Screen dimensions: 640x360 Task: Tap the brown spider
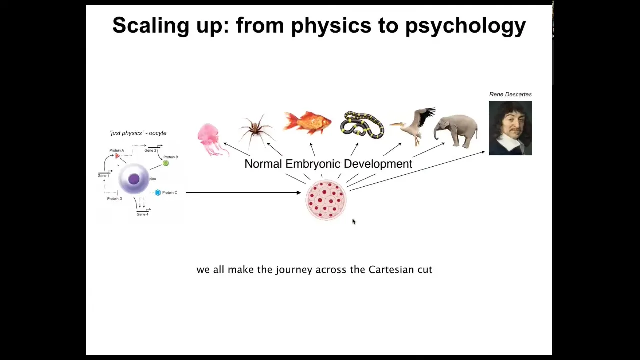click(x=256, y=130)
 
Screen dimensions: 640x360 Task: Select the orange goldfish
click(x=307, y=123)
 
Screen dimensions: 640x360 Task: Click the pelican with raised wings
click(x=414, y=125)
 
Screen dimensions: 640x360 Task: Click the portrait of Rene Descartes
click(x=510, y=128)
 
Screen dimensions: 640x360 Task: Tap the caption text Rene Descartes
click(x=510, y=94)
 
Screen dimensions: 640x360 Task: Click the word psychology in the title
click(x=465, y=25)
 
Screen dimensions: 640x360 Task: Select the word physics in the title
click(x=331, y=25)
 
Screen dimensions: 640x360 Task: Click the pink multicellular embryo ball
click(x=326, y=200)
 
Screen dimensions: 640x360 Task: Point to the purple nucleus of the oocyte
click(x=134, y=179)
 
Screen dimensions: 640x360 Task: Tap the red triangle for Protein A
click(x=117, y=156)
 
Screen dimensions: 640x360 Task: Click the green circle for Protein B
click(x=165, y=163)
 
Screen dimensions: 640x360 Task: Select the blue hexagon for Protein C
click(x=158, y=193)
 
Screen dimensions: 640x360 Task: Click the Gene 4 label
click(x=142, y=214)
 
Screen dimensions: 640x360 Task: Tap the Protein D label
click(x=115, y=199)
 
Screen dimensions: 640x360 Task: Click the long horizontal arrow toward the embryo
click(x=243, y=193)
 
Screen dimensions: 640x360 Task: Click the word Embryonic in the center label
click(x=313, y=164)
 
